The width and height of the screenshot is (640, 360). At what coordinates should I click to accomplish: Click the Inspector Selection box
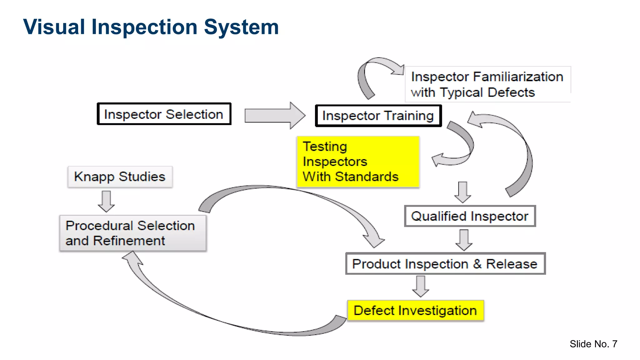coord(164,114)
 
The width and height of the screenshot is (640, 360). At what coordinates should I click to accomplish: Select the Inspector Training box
coord(378,116)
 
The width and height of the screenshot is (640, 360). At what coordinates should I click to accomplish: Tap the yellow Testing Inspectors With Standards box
coord(358,162)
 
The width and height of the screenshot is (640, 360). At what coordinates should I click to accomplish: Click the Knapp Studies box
coord(120,177)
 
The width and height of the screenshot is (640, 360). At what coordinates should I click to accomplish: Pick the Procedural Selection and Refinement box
coord(133,233)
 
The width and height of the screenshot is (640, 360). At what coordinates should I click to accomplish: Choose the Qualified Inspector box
coord(470,216)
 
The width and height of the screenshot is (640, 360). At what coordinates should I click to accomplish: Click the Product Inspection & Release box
coord(445,264)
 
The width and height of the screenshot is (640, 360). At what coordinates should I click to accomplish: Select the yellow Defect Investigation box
coord(415,311)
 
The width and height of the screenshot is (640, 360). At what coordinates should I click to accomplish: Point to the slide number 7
coord(614,344)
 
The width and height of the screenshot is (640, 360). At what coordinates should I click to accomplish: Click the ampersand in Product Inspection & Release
coord(477,264)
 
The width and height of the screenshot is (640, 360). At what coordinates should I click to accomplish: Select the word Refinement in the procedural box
coord(129,241)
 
